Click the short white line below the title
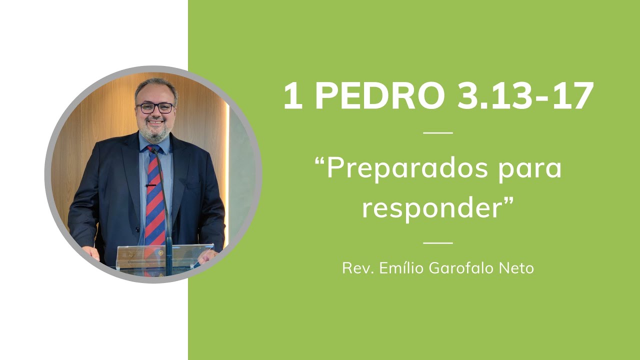437,133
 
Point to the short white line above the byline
437,243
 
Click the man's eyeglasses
156,107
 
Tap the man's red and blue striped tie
155,200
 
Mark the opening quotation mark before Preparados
320,162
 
